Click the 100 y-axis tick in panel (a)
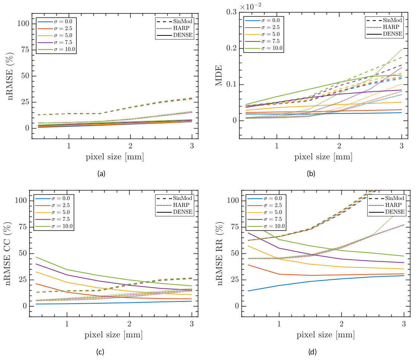pos(23,24)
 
